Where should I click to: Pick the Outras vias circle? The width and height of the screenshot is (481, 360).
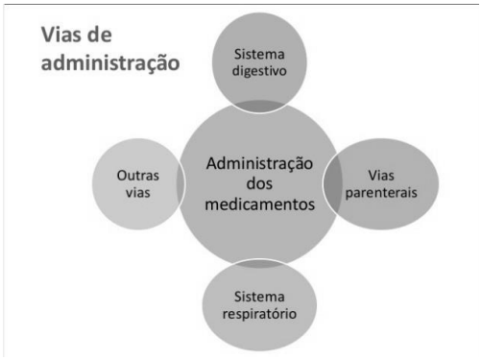(133, 183)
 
